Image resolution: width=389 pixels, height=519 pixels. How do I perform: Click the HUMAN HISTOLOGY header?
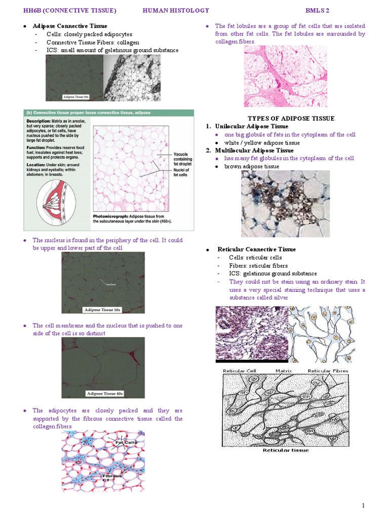pyautogui.click(x=176, y=10)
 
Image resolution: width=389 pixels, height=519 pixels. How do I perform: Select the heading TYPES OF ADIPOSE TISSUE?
pyautogui.click(x=291, y=118)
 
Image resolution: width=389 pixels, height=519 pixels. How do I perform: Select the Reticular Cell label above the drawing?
pyautogui.click(x=240, y=371)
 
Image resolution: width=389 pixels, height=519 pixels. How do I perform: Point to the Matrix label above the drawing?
pyautogui.click(x=284, y=371)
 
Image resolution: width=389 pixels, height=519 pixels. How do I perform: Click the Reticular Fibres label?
pyautogui.click(x=328, y=371)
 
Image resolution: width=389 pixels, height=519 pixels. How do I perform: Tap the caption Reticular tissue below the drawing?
pyautogui.click(x=285, y=450)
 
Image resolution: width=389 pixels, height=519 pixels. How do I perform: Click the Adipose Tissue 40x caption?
pyautogui.click(x=105, y=393)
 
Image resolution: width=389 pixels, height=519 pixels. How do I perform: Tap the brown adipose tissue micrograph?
pyautogui.click(x=285, y=204)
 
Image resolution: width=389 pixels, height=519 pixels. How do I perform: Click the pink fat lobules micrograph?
pyautogui.click(x=285, y=76)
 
